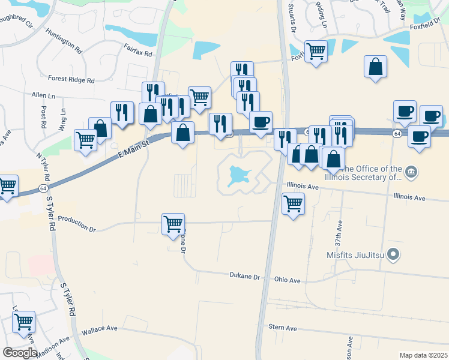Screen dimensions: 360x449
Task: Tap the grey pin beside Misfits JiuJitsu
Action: pos(393,255)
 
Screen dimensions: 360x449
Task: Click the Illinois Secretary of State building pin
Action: pos(411,173)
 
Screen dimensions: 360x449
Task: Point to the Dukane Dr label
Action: pos(244,277)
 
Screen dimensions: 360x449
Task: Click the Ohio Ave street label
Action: pos(286,280)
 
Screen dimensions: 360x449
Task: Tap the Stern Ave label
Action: pos(283,328)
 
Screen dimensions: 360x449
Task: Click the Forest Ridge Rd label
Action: pos(71,79)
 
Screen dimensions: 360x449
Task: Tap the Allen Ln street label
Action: pos(43,95)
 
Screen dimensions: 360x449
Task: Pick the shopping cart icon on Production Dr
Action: pos(173,224)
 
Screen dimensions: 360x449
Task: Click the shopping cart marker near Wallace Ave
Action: pos(24,321)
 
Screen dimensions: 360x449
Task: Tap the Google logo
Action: pos(19,352)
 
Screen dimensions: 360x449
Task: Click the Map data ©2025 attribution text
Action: pos(423,355)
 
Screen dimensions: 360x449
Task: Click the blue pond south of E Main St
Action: pos(237,175)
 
